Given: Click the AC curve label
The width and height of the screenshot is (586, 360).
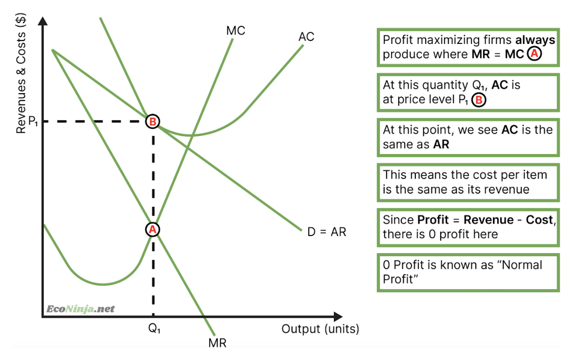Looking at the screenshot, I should tap(306, 37).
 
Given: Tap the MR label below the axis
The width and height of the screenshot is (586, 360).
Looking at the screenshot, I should tap(217, 342).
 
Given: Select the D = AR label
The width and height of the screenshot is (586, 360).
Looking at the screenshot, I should tap(326, 232).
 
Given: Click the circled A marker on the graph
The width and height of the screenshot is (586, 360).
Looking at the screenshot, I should tap(152, 229).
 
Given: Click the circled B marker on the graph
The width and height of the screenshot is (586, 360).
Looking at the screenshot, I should tap(153, 121).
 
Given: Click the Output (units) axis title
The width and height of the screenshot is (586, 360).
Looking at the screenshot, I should tap(320, 329).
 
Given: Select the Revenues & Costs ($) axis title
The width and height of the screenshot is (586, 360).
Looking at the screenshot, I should tap(21, 74).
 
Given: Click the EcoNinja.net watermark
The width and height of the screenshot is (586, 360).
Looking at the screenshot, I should tap(80, 309).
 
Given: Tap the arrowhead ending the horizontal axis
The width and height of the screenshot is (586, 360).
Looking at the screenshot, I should tap(337, 317).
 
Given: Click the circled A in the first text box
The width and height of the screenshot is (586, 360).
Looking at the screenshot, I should tap(535, 54).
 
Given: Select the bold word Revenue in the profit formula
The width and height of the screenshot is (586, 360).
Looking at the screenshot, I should tap(488, 220).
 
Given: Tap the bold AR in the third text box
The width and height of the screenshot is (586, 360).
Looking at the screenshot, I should tap(440, 145).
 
